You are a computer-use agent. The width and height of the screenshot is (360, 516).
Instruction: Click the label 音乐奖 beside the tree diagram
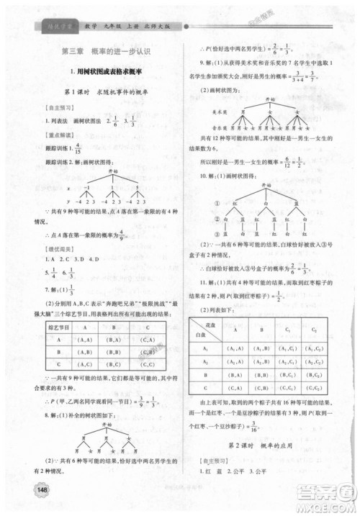point(200,125)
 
